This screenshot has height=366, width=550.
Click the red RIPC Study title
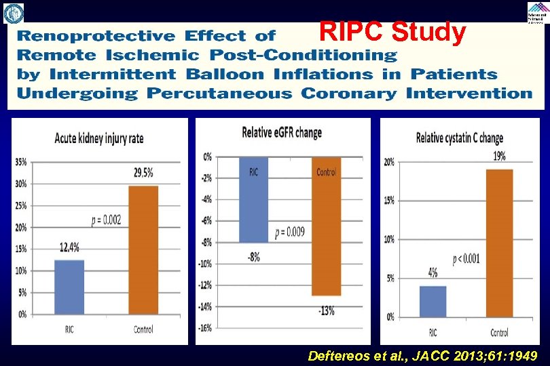click(392, 32)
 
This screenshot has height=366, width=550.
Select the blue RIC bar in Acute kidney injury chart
click(70, 287)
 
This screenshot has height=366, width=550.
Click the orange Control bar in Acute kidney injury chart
click(143, 249)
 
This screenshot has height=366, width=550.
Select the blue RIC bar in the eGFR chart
click(253, 200)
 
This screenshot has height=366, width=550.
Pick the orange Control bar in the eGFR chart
click(326, 226)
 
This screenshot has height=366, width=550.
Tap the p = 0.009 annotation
click(290, 232)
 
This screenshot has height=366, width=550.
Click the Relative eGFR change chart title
click(282, 133)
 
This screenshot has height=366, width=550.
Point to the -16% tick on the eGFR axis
click(204, 328)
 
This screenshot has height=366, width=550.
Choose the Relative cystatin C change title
click(459, 138)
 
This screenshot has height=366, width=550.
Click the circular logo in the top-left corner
click(13, 12)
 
